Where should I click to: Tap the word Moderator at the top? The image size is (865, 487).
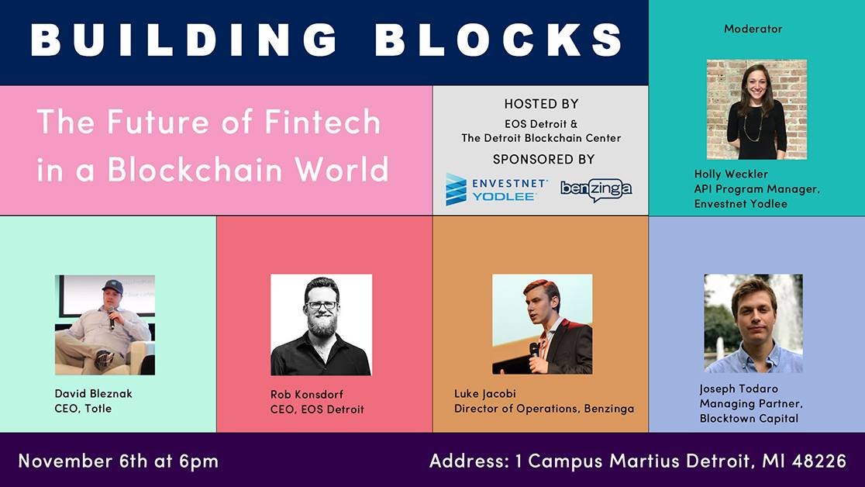point(753,29)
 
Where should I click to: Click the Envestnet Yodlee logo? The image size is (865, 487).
point(497,189)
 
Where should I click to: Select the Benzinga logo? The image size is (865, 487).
point(596,190)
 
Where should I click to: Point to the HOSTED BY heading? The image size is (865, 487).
point(541,104)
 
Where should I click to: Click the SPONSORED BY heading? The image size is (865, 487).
point(543,160)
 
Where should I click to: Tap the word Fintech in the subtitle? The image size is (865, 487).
point(322,122)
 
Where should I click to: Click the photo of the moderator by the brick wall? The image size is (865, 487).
point(756,109)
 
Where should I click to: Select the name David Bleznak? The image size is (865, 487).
point(93,394)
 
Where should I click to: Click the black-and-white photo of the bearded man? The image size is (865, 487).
point(321,325)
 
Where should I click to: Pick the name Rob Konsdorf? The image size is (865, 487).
point(307,394)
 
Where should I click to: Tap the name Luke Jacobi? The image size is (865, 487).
point(485,394)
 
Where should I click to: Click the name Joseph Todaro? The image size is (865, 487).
point(739,389)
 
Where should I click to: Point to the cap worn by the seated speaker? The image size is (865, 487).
point(113,286)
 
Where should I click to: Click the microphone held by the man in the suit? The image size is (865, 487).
point(533,351)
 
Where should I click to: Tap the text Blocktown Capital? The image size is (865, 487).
point(749,419)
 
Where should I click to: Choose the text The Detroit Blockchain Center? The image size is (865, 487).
point(541,138)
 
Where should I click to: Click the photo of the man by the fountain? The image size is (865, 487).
point(753,323)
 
